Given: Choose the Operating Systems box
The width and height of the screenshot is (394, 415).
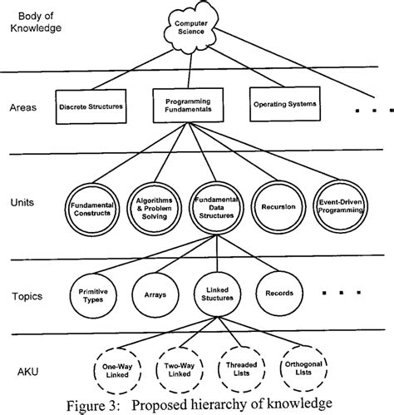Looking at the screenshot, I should (283, 105).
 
